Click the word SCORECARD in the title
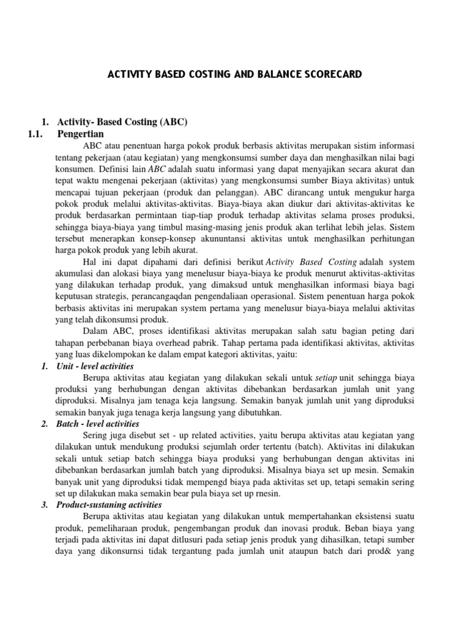pyautogui.click(x=331, y=75)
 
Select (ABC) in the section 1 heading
pyautogui.click(x=174, y=122)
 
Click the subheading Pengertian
pyautogui.click(x=80, y=134)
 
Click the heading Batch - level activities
pyautogui.click(x=97, y=424)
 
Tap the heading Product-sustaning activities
pyautogui.click(x=108, y=505)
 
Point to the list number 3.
pyautogui.click(x=44, y=505)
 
